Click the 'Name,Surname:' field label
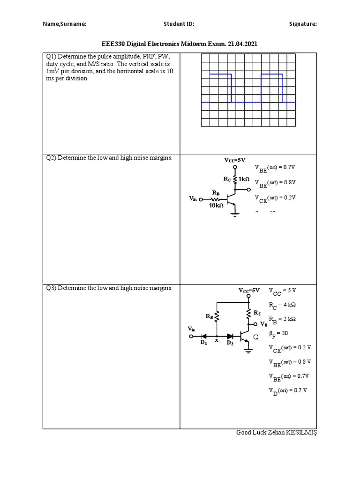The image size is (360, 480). pyautogui.click(x=65, y=24)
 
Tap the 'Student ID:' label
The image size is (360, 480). pyautogui.click(x=179, y=24)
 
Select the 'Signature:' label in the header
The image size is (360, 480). pyautogui.click(x=302, y=24)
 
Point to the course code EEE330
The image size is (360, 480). pyautogui.click(x=114, y=44)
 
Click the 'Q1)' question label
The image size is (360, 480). pyautogui.click(x=51, y=57)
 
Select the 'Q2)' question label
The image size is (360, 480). pyautogui.click(x=51, y=158)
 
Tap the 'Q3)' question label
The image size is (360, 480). pyautogui.click(x=51, y=288)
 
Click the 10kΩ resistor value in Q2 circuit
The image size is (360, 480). pyautogui.click(x=216, y=206)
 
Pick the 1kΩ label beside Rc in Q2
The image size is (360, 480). pyautogui.click(x=244, y=180)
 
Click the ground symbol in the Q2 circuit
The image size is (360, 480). pyautogui.click(x=234, y=214)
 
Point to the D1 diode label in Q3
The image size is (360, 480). pyautogui.click(x=204, y=343)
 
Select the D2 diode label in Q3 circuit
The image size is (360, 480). pyautogui.click(x=230, y=343)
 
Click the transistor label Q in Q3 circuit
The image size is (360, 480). pyautogui.click(x=256, y=337)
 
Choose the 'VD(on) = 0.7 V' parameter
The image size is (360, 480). pyautogui.click(x=287, y=391)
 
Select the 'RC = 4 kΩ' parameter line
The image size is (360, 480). pyautogui.click(x=282, y=305)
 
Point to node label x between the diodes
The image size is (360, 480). pyautogui.click(x=217, y=341)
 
